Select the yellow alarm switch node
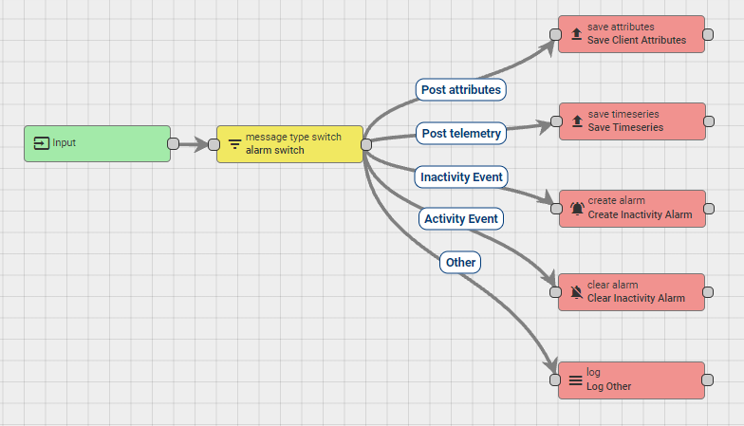(x=289, y=144)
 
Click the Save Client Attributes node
(x=631, y=34)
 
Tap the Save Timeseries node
(x=631, y=121)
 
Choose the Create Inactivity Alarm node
(x=631, y=208)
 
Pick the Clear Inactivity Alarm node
(x=631, y=292)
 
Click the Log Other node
(x=631, y=380)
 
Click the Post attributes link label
(x=461, y=89)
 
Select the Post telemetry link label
(x=460, y=134)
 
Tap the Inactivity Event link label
(x=462, y=176)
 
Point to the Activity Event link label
(x=461, y=219)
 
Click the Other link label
(x=460, y=262)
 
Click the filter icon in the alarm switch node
(x=234, y=145)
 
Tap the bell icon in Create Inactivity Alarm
(x=577, y=209)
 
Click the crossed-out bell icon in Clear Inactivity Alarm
(x=577, y=293)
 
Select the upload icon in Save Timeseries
(x=577, y=121)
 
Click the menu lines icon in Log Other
(x=575, y=380)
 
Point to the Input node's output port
(x=173, y=144)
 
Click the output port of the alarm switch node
(x=365, y=144)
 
